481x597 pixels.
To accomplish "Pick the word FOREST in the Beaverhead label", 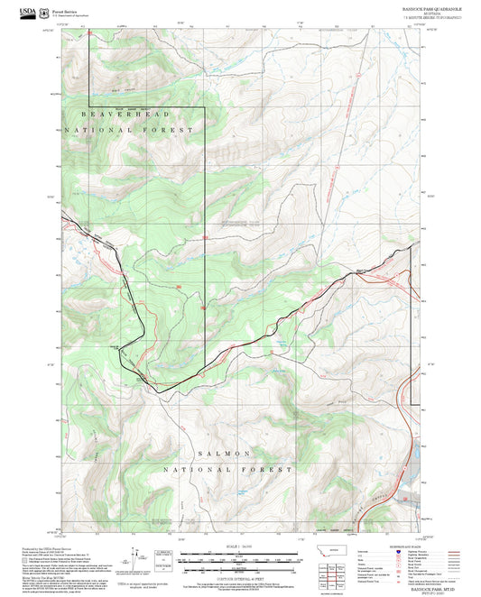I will pos(173,131).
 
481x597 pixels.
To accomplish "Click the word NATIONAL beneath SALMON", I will pos(191,470).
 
